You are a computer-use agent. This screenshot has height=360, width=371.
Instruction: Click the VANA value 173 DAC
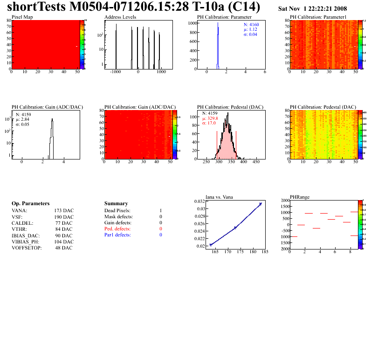point(64,211)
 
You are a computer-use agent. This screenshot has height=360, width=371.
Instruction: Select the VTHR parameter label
point(19,229)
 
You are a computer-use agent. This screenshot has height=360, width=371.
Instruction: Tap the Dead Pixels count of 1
point(160,211)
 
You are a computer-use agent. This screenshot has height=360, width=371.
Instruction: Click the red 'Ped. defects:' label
point(117,229)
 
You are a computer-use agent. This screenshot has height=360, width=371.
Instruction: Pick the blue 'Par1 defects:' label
point(117,235)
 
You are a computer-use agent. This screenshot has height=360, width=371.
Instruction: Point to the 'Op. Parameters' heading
point(30,204)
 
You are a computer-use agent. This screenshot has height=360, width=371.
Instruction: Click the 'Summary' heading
point(116,204)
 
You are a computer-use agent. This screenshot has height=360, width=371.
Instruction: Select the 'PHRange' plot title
point(299,197)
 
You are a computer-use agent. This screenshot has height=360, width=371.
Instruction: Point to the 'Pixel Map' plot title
point(22,17)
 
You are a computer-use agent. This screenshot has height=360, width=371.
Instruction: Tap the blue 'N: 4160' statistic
point(251,24)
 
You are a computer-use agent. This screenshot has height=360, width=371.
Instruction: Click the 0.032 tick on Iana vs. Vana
point(199,201)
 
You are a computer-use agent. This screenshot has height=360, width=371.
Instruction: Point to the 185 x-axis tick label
point(265,252)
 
